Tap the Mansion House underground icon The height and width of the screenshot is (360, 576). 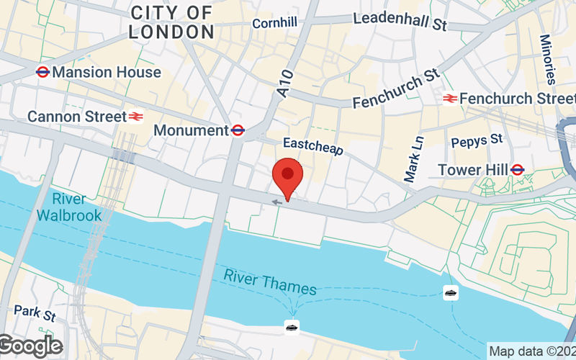pyautogui.click(x=42, y=72)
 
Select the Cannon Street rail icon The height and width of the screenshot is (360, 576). pyautogui.click(x=135, y=116)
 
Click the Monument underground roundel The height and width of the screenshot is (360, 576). pyautogui.click(x=238, y=130)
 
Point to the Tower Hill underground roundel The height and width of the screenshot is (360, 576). pyautogui.click(x=516, y=170)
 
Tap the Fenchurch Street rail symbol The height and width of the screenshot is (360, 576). pyautogui.click(x=451, y=98)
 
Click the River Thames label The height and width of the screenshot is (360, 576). pyautogui.click(x=269, y=282)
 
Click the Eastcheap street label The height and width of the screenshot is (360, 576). pyautogui.click(x=313, y=147)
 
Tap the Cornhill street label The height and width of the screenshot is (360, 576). pyautogui.click(x=274, y=24)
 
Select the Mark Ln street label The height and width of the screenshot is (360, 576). pyautogui.click(x=414, y=160)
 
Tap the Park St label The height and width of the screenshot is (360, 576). pyautogui.click(x=34, y=314)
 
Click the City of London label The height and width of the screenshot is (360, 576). pyautogui.click(x=171, y=22)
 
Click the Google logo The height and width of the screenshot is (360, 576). pyautogui.click(x=30, y=346)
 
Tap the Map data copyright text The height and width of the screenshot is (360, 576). pyautogui.click(x=531, y=351)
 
